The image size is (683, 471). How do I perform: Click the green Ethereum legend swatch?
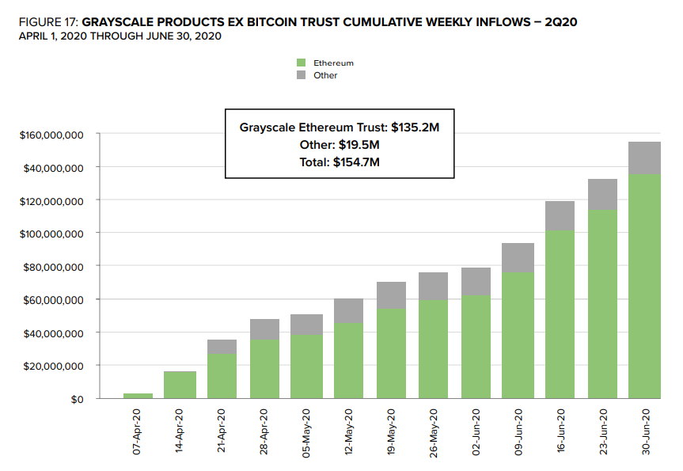tap(301, 63)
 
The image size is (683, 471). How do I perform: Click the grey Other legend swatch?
tap(301, 75)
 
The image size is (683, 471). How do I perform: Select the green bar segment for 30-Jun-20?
tap(644, 286)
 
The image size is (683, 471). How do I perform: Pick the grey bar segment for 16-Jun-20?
tap(560, 216)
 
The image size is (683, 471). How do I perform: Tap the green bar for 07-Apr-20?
tap(138, 396)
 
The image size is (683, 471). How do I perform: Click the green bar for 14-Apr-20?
tap(180, 385)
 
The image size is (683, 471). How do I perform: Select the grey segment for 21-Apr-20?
tap(222, 347)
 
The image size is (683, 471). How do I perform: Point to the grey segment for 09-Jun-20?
tap(518, 257)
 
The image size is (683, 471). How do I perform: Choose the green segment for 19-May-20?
tap(391, 353)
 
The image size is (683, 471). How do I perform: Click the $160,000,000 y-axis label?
tap(51, 135)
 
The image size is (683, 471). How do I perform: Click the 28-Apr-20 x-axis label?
tap(264, 431)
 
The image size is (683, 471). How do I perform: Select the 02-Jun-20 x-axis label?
tap(476, 431)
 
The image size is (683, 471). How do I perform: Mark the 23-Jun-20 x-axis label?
tap(602, 431)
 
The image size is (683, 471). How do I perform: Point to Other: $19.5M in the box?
tap(340, 144)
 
